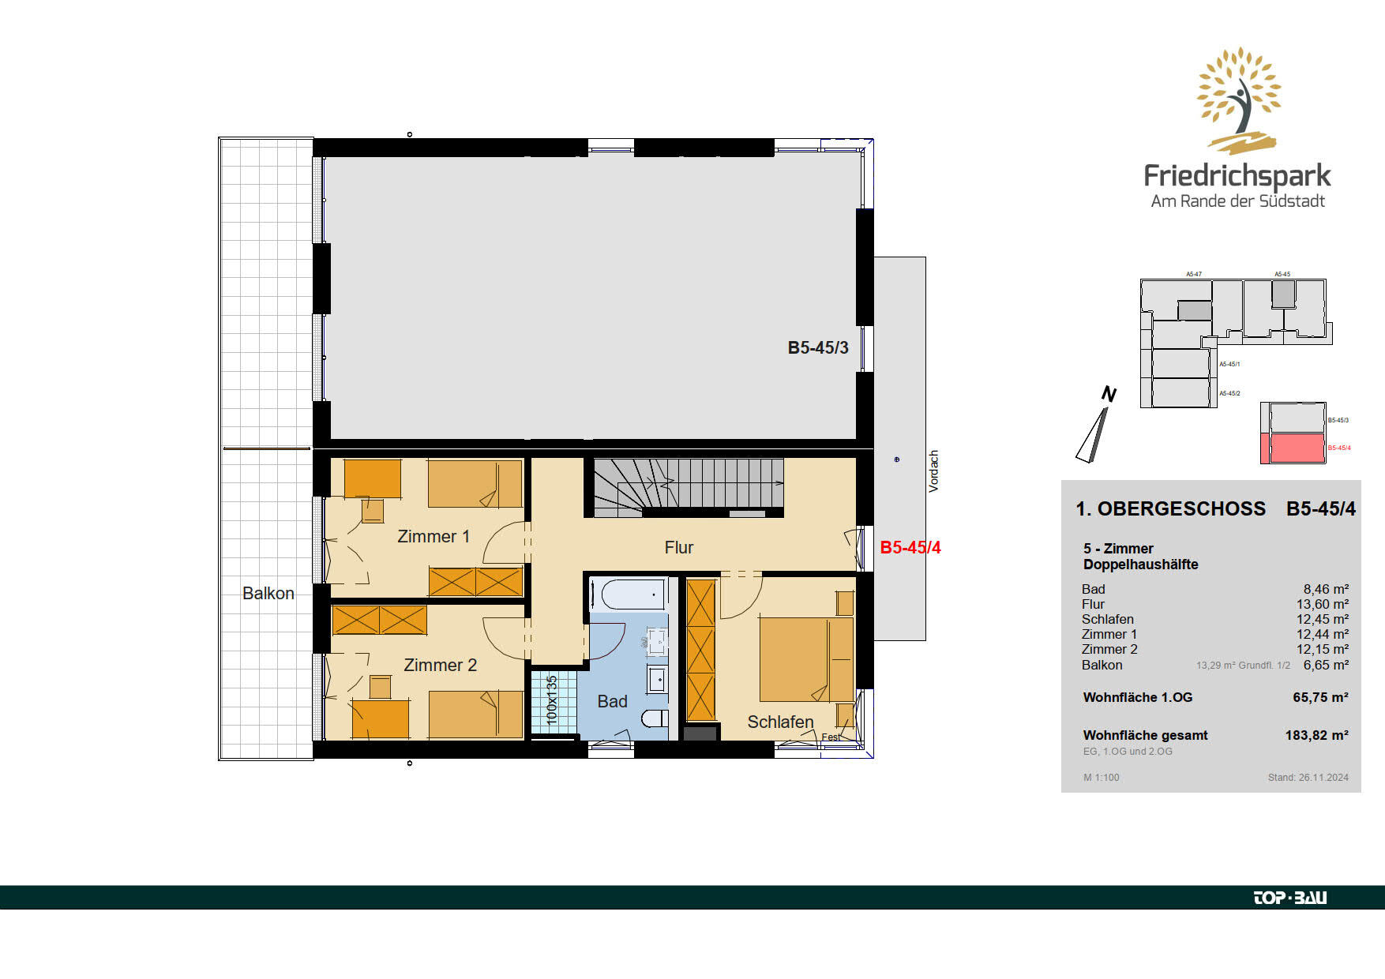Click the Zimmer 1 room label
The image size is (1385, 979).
click(434, 537)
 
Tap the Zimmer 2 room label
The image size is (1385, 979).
click(440, 666)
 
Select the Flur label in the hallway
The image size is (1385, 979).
click(679, 548)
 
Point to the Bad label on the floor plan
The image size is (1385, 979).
click(612, 702)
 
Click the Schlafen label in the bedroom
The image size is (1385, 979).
click(780, 722)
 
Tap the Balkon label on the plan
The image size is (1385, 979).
click(268, 594)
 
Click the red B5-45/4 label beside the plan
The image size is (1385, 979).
click(910, 548)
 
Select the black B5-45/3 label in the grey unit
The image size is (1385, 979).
click(818, 348)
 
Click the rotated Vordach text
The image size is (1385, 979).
click(934, 471)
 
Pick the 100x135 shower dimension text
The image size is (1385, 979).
click(552, 701)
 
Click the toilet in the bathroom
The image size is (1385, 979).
click(655, 718)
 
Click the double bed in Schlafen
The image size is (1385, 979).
click(806, 659)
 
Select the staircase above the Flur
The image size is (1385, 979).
click(689, 487)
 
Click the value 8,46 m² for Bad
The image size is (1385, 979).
click(1326, 590)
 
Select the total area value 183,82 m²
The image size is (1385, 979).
click(1317, 736)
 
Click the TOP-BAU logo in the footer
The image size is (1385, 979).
click(1290, 898)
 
